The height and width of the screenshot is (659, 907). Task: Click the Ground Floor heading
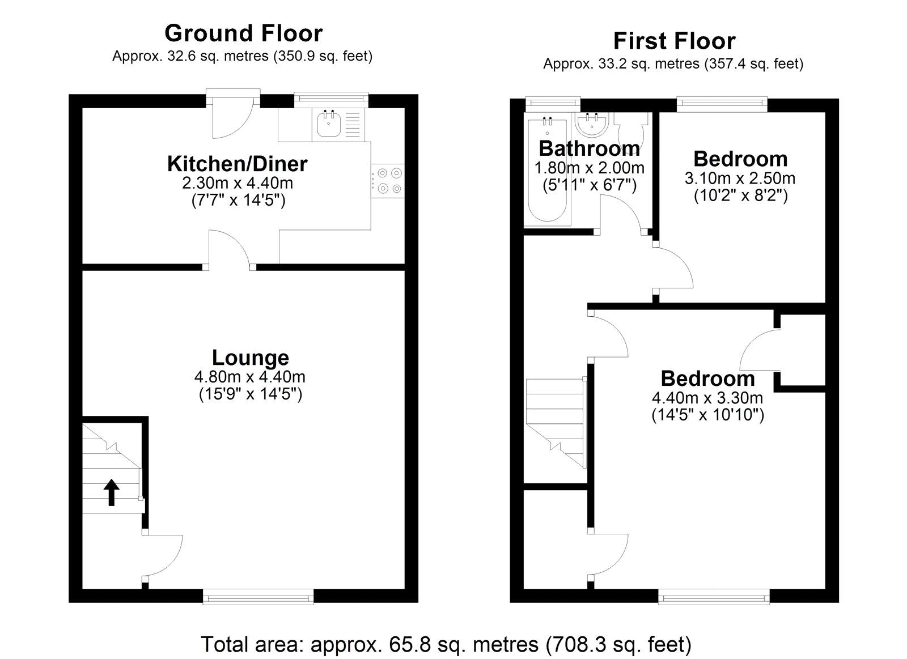click(x=243, y=33)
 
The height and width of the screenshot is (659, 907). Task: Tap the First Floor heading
click(x=674, y=41)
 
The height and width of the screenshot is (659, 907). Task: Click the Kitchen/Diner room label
click(x=238, y=164)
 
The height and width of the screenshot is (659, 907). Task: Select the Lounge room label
click(x=251, y=358)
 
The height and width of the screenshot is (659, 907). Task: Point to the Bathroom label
click(x=590, y=148)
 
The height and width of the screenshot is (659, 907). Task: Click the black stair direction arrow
click(x=111, y=492)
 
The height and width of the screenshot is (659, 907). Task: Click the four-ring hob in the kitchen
click(x=388, y=181)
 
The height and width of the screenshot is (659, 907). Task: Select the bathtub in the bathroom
click(x=547, y=169)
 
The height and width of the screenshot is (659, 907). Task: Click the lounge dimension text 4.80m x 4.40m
click(x=250, y=377)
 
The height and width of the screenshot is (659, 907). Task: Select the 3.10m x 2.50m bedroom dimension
click(x=740, y=178)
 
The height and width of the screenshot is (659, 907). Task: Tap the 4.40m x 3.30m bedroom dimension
click(x=707, y=398)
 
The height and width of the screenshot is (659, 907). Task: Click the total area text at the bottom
click(x=446, y=644)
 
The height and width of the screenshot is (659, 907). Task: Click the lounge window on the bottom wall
click(x=258, y=597)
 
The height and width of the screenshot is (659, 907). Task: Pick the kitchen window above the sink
click(x=331, y=100)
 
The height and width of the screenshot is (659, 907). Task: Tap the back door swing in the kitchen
click(x=232, y=116)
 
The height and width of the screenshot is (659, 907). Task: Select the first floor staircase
click(x=556, y=423)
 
